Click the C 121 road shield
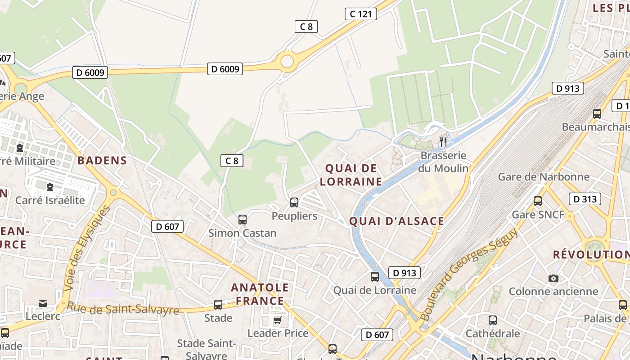361,14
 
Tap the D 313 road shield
585,199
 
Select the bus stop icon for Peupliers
294,202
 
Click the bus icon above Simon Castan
243,220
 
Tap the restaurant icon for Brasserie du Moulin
443,142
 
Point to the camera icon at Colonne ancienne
553,278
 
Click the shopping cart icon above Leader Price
278,320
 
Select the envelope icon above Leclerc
43,303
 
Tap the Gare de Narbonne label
544,177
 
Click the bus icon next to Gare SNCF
538,201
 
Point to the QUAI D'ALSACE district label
396,221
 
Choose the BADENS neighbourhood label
102,161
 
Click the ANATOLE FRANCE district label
260,294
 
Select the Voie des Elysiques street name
87,248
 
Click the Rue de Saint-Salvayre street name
123,309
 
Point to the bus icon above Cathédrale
493,320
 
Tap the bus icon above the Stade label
218,305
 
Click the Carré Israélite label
50,200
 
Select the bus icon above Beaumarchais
597,114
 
